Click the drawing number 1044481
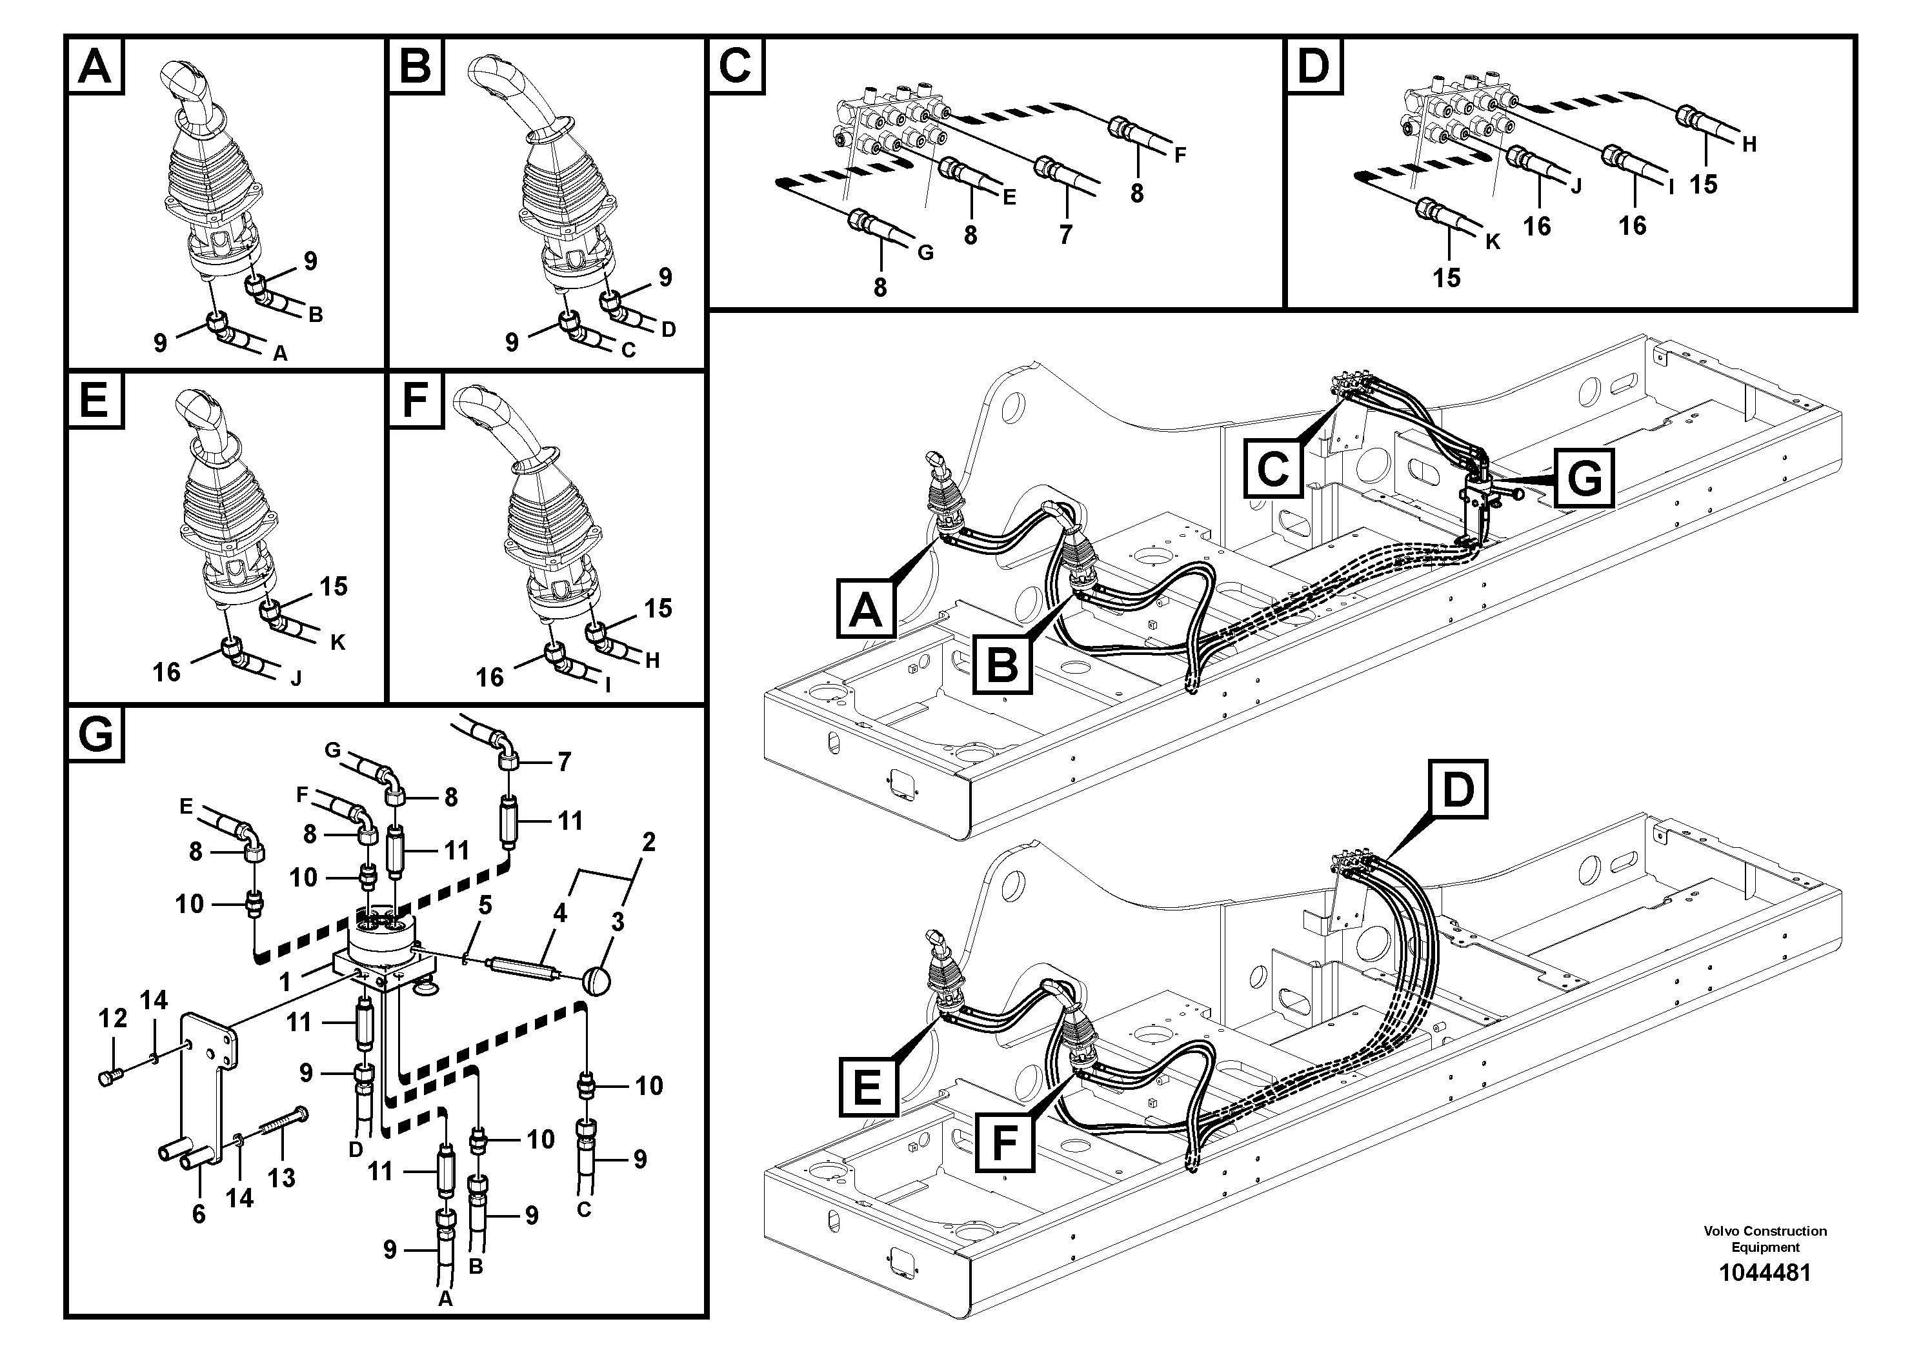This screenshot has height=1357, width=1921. point(1765,1272)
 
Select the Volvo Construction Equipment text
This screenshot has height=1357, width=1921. point(1765,1238)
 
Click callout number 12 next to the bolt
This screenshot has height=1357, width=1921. point(113,1018)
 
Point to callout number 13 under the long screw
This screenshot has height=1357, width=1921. point(282,1178)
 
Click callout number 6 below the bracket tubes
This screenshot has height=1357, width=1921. point(198,1214)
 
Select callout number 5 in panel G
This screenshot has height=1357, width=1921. point(485,905)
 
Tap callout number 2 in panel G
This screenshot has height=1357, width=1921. point(649,841)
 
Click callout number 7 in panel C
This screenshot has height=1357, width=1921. point(1065,235)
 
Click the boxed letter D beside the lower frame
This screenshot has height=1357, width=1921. point(1458,789)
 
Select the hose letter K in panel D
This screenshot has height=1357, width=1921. point(1493,243)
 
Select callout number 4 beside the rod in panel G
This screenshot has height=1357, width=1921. point(559,913)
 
